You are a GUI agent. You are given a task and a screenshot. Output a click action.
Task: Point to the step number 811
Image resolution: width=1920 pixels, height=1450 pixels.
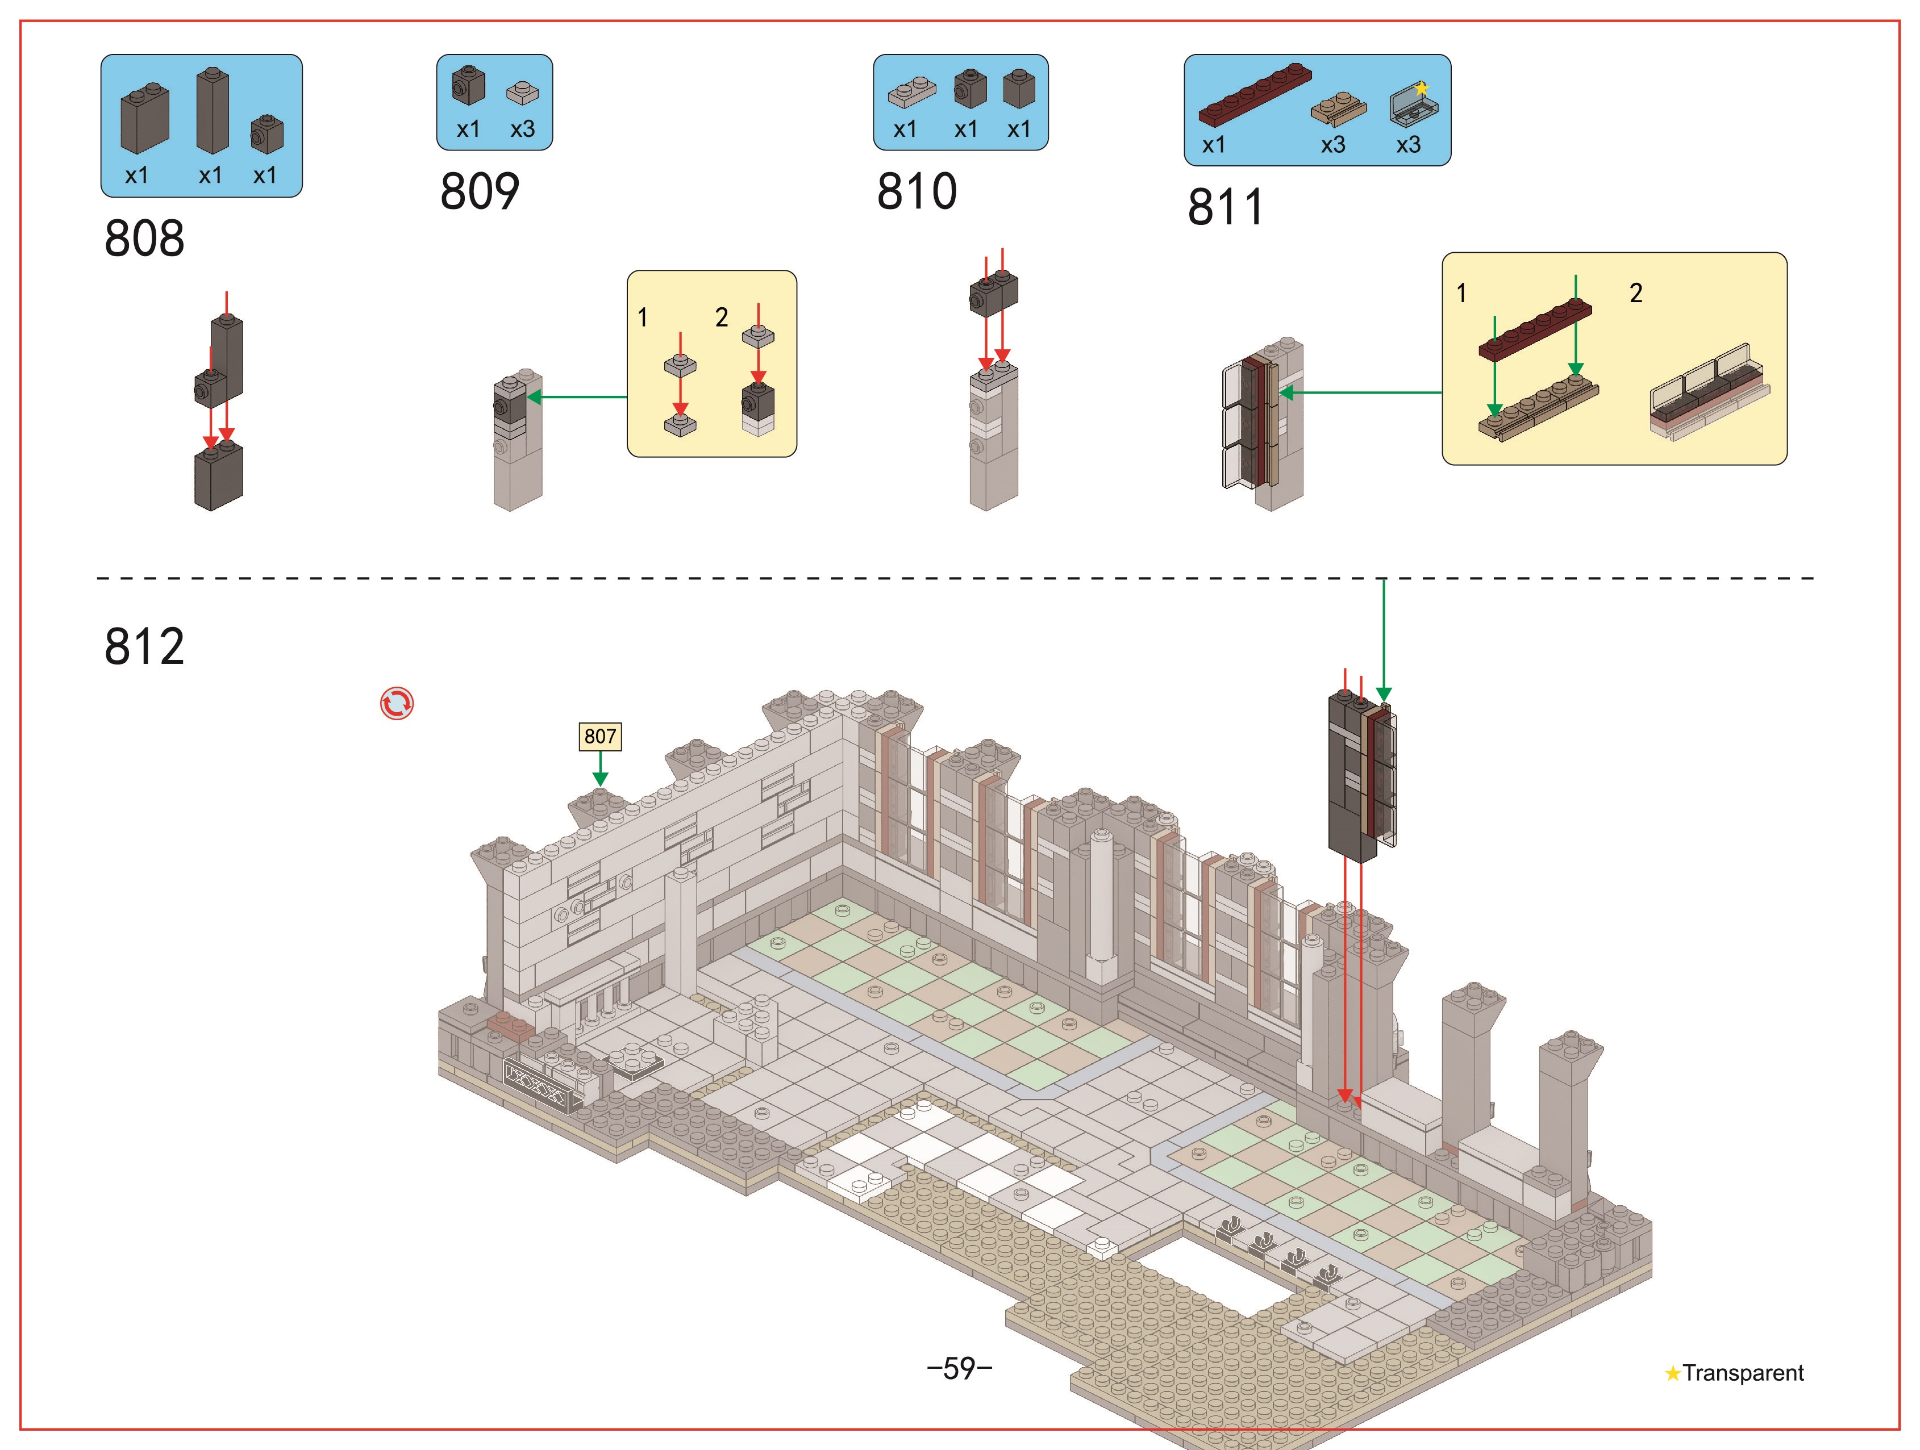point(1226,207)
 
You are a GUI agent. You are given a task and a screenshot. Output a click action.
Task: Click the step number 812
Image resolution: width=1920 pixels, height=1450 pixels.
point(144,646)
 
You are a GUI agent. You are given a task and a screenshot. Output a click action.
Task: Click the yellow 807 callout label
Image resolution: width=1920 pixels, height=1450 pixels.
point(600,737)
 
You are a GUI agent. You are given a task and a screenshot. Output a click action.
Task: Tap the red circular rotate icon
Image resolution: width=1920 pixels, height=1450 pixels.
point(397,704)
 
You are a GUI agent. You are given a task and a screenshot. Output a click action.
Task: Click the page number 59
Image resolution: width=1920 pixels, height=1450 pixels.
point(959,1368)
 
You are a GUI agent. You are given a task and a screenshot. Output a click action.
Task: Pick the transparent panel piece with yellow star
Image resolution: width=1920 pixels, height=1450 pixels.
point(1413,106)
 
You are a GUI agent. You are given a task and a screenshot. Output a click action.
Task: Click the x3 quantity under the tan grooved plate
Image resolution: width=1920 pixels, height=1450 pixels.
point(1333,145)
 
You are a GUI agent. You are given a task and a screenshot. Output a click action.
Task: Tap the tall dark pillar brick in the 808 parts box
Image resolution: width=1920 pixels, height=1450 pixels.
point(212,111)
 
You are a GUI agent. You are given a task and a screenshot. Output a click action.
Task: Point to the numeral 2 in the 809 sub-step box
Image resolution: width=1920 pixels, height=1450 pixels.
point(721,317)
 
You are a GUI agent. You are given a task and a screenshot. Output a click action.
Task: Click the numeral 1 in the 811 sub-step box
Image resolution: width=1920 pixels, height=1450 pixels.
point(1461,293)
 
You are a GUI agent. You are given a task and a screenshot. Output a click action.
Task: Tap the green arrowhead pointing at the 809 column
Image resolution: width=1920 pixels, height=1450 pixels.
point(534,398)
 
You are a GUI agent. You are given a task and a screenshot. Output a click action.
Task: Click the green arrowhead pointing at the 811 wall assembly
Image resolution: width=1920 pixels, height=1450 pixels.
point(1286,393)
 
